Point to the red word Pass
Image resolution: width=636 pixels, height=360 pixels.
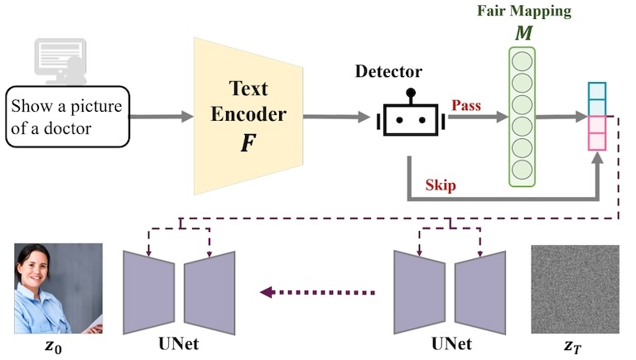466,106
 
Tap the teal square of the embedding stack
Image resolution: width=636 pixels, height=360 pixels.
598,92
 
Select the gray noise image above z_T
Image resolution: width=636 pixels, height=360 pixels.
575,289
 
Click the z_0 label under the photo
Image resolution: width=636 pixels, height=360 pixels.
51,346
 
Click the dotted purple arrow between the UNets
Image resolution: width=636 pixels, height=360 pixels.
318,292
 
